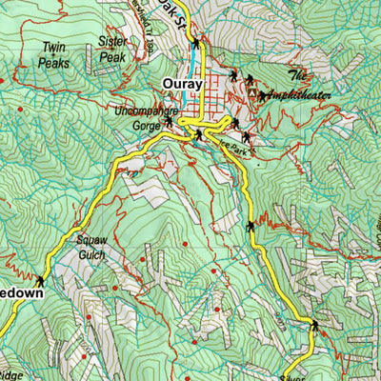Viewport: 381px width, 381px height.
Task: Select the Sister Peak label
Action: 113,49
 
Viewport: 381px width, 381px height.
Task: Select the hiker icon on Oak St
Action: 196,43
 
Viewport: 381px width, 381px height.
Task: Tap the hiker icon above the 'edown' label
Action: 40,281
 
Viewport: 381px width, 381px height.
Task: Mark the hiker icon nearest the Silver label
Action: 314,327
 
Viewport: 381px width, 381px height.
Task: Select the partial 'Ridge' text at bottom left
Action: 10,376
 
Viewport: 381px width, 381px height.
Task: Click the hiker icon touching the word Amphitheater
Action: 262,95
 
